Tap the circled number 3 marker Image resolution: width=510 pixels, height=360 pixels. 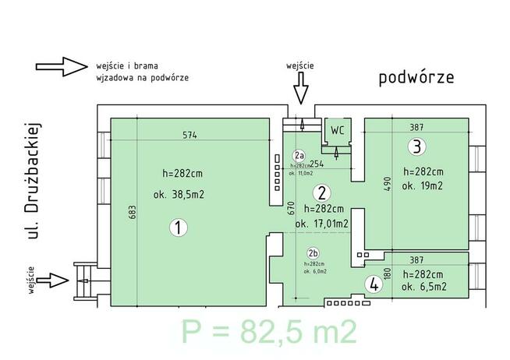[417, 146]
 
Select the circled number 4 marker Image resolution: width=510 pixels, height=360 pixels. [375, 284]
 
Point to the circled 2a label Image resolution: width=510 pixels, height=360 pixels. [299, 155]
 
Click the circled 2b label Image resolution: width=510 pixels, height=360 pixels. [313, 253]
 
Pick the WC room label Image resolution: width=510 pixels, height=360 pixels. [337, 129]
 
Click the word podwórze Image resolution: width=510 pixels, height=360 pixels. [416, 78]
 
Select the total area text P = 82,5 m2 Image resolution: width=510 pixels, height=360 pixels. [269, 332]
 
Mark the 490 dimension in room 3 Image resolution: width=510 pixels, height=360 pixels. [384, 184]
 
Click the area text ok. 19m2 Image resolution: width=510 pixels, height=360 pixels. [423, 186]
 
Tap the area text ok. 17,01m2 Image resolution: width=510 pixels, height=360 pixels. [321, 224]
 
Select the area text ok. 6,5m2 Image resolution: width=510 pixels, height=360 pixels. [423, 287]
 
